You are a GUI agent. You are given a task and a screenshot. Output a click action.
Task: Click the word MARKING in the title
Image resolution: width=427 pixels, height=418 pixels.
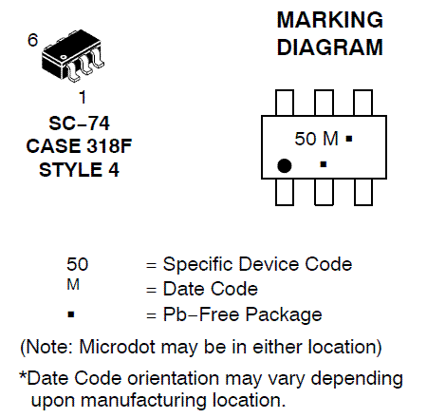330,20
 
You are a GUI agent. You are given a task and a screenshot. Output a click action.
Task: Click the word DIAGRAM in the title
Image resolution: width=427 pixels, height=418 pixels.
330,47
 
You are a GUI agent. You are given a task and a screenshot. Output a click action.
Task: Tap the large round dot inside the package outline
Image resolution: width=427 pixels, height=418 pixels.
284,165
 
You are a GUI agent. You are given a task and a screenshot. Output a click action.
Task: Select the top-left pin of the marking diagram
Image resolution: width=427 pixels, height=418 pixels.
285,103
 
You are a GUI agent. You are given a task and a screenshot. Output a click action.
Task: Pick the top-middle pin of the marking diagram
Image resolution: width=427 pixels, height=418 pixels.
324,103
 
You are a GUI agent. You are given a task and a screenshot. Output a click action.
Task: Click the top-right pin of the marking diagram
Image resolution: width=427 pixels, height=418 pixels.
362,103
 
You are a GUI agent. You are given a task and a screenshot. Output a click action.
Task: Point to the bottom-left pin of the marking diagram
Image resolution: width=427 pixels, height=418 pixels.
285,192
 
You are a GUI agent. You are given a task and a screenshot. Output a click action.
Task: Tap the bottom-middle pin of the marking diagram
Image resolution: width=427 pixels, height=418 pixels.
324,192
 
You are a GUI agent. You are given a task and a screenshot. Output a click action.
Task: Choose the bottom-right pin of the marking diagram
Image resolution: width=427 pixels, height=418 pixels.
363,192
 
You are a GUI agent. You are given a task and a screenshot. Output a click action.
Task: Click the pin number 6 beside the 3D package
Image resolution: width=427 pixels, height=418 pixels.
32,40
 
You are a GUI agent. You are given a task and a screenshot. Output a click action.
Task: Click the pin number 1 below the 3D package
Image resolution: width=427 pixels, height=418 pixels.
83,97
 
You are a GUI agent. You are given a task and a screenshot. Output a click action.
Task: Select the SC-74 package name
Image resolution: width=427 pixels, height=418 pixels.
79,123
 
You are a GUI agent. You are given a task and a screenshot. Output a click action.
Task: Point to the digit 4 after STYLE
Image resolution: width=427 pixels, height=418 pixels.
114,170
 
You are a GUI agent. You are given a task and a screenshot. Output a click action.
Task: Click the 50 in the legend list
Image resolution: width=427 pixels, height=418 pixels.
77,264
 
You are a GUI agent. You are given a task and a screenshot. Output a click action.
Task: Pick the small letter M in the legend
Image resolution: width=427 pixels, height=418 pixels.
73,284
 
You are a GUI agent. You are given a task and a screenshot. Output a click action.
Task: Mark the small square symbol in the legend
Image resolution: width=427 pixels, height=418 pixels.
71,314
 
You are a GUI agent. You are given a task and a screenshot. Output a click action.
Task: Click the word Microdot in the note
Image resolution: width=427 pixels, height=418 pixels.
118,347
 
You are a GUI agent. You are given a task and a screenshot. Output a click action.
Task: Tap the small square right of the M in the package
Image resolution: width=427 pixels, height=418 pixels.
349,139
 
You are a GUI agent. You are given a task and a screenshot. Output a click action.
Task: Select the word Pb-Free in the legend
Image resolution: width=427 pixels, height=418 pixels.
201,314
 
